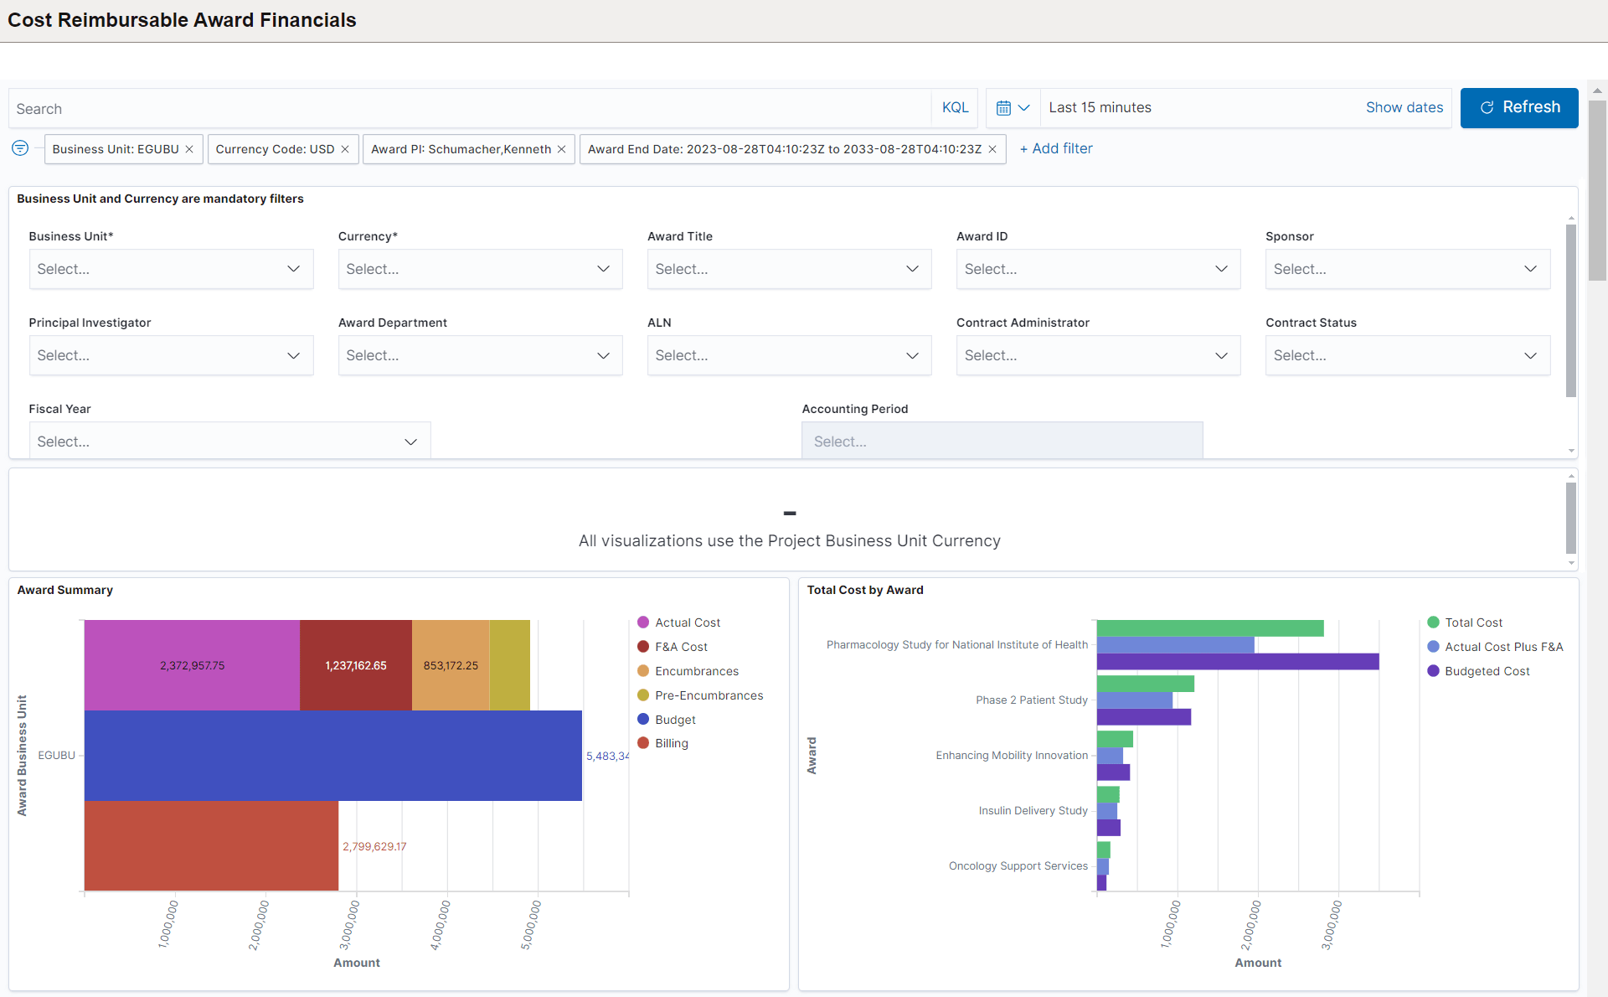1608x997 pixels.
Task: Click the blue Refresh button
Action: [1518, 107]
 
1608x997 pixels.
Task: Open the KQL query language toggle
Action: [955, 107]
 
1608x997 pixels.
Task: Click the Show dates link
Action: [1404, 107]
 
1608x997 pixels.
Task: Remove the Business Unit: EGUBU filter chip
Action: [189, 149]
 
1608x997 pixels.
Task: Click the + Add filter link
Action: [1056, 148]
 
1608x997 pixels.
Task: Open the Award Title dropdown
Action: [788, 269]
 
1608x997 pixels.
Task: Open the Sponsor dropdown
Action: [1407, 269]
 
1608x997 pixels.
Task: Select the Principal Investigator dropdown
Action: [170, 355]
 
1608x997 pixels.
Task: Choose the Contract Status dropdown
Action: [1407, 355]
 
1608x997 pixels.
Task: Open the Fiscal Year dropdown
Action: [229, 442]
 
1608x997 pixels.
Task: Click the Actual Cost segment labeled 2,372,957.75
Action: [192, 665]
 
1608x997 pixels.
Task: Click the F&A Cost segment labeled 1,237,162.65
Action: [356, 665]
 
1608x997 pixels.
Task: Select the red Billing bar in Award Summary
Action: [211, 845]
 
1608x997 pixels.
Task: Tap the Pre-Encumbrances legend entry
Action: [709, 695]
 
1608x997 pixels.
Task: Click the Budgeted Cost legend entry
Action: [1487, 671]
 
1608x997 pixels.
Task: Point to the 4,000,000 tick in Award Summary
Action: [441, 924]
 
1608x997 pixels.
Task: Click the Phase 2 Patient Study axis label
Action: [1031, 700]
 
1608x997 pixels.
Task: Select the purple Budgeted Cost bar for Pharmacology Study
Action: [1237, 662]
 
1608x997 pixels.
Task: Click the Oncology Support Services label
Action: [1018, 865]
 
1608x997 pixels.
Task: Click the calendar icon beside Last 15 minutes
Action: [1003, 107]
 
